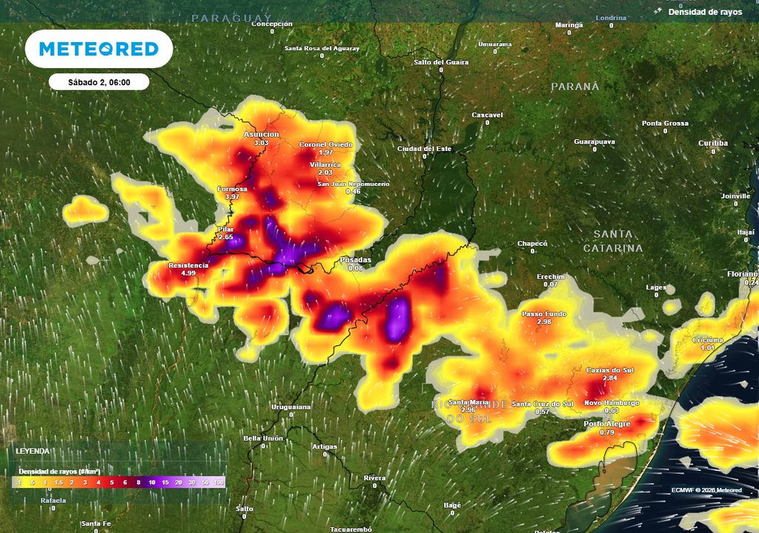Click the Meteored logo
[99, 49]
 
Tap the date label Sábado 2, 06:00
[99, 82]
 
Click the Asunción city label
[262, 134]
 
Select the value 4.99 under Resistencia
[188, 273]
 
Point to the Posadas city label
[355, 260]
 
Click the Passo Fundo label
[544, 314]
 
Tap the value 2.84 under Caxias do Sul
[609, 378]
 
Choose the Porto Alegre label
[606, 423]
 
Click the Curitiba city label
[713, 143]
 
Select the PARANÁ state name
[574, 87]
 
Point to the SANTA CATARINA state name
[612, 241]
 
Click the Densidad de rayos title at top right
[705, 12]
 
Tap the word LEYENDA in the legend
[33, 450]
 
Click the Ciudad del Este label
[425, 149]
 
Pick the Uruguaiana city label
[290, 407]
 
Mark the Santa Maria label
[468, 402]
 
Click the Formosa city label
[232, 189]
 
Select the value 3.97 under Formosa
[232, 197]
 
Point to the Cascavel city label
[487, 115]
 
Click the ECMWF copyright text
[706, 490]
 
